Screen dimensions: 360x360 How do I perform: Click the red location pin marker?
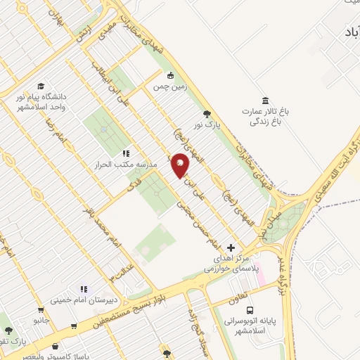[x=181, y=166]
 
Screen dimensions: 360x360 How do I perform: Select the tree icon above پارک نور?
[x=206, y=113]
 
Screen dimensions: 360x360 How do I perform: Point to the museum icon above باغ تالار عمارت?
[x=265, y=100]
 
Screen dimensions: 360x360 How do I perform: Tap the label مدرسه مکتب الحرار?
[x=125, y=165]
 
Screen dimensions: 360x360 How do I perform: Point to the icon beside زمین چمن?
[x=169, y=75]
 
